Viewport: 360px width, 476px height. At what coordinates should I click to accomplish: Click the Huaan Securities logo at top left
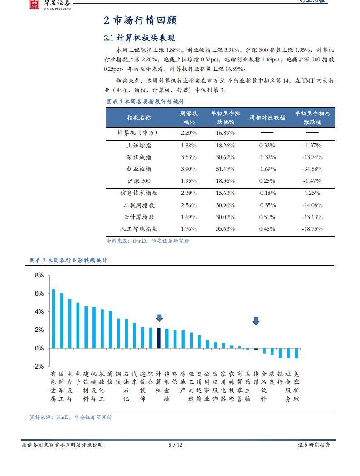(34, 5)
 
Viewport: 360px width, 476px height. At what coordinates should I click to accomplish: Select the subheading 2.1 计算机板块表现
(139, 38)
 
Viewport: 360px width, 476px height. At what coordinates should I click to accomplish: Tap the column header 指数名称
(139, 117)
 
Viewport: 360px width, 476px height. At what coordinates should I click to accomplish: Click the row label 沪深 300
(139, 181)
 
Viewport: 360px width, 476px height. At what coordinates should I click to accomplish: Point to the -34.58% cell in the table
(312, 169)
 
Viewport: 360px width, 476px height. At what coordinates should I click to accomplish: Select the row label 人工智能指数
(139, 229)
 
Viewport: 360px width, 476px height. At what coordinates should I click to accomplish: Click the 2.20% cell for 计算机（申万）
(189, 133)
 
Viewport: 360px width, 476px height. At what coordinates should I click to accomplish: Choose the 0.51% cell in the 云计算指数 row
(267, 217)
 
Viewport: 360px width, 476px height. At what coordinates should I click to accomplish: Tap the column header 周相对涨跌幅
(267, 117)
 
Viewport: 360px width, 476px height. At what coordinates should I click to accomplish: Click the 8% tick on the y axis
(39, 275)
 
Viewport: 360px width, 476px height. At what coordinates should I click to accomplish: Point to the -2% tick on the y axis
(39, 366)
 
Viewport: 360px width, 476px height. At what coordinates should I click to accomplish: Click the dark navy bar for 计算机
(159, 338)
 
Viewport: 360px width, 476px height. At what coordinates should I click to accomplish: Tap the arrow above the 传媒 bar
(256, 321)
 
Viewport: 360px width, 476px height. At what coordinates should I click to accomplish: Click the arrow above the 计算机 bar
(159, 318)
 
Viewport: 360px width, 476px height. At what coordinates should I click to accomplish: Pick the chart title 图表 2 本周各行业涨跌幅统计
(68, 261)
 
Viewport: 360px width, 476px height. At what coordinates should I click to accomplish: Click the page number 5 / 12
(175, 445)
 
